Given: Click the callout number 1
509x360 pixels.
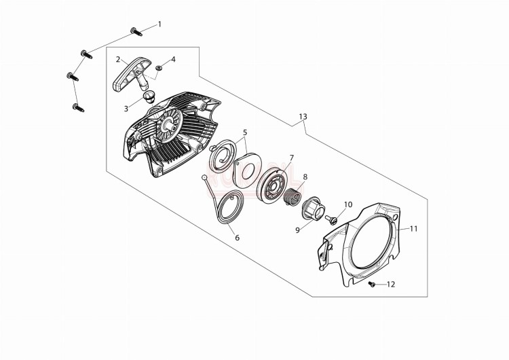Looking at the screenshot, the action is coord(159,24).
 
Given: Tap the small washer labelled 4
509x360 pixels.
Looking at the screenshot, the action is coord(159,68).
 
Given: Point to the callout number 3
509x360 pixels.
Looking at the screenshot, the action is coord(126,109).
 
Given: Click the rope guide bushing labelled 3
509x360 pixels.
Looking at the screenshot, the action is coord(149,96).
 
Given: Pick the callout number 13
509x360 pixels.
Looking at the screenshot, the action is coord(303,116).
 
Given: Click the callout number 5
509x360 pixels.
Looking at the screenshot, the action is coord(245,132).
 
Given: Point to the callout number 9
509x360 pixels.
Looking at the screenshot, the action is coord(298,230).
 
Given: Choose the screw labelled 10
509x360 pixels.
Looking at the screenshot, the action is coord(331,219).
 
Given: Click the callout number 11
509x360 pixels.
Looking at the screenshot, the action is coord(413,229).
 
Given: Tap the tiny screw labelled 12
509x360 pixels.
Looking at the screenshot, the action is coord(372,285).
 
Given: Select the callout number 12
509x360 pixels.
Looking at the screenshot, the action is coord(391,285).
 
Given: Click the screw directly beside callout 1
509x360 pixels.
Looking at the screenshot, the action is coord(136,32).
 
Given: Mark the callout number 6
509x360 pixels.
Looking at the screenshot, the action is coord(238,238).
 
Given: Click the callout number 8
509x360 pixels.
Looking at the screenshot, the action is coord(305,177).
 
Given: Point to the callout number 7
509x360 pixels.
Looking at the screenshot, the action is coord(292,158).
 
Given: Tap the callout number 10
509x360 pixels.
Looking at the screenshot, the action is coord(347,204).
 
